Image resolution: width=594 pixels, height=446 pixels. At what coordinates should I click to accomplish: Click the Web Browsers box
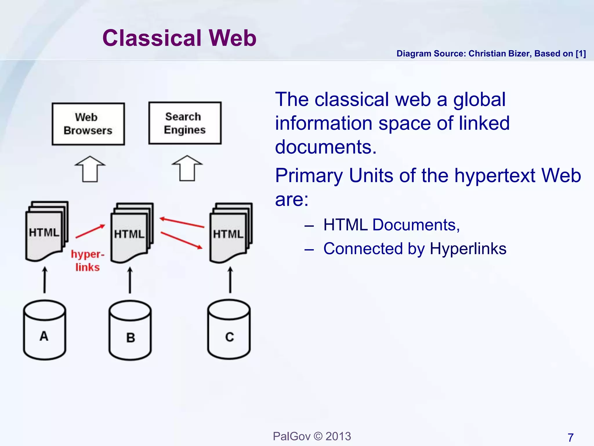tap(88, 124)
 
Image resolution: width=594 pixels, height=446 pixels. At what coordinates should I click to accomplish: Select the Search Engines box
tap(185, 123)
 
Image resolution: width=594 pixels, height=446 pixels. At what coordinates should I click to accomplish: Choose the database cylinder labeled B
tap(130, 331)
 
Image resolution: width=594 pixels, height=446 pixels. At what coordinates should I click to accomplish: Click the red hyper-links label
tap(87, 260)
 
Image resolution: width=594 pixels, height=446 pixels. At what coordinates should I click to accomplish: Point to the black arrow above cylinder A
tap(45, 280)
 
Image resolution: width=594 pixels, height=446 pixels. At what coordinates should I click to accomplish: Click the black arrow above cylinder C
tap(230, 280)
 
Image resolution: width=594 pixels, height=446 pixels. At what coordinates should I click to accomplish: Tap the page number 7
tap(571, 437)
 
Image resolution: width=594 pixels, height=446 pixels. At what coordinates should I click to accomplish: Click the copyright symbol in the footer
tap(318, 436)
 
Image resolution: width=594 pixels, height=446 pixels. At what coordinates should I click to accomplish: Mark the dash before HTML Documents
tap(309, 226)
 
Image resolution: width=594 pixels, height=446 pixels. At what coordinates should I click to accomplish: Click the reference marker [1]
tap(581, 54)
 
